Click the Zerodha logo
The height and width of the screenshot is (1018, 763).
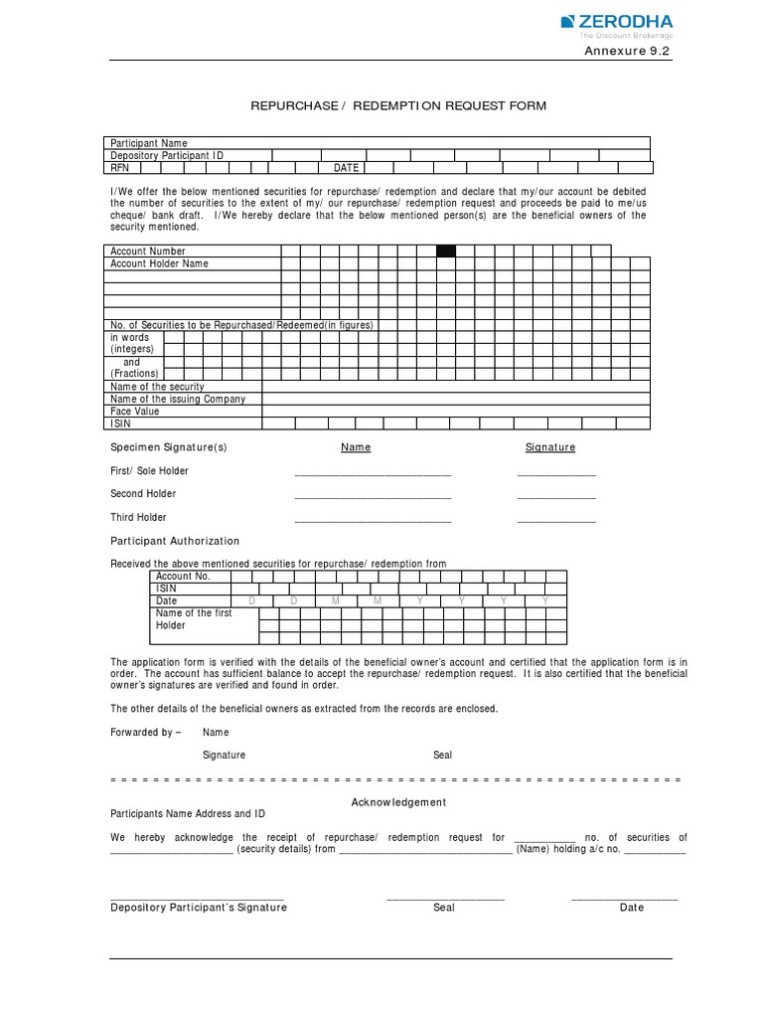pos(616,25)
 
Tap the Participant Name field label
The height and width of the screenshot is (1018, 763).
pos(148,143)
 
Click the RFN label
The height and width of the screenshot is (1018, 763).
pos(120,168)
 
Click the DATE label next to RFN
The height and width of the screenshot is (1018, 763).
pos(346,168)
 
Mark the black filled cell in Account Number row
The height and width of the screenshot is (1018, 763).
pos(446,252)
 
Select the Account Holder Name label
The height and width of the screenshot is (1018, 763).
pos(159,263)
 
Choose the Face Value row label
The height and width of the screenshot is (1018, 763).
pos(135,411)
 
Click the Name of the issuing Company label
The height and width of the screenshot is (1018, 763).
pos(178,399)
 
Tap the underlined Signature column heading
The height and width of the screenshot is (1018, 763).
pos(550,447)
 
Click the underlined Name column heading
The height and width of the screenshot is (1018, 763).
pos(356,447)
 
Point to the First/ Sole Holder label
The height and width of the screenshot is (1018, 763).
pos(149,471)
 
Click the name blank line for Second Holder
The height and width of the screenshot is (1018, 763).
pos(373,497)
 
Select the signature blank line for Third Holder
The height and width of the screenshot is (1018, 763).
pos(556,520)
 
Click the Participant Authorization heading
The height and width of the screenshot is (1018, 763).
pos(175,541)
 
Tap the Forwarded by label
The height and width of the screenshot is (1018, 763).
pos(145,732)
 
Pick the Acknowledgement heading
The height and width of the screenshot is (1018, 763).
pos(398,802)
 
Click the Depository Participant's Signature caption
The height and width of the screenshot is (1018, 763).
pos(199,908)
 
